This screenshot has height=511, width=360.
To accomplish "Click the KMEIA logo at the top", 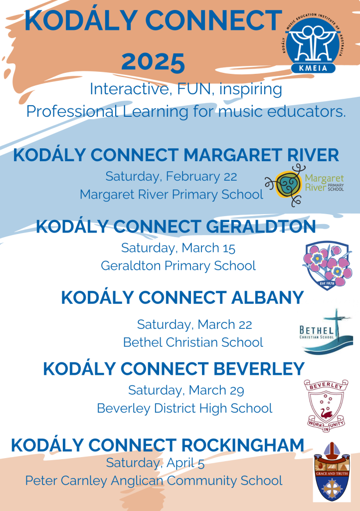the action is point(314,42).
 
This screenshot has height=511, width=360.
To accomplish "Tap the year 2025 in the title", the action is point(153,62).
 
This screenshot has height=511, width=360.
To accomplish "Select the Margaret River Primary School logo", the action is point(305,185).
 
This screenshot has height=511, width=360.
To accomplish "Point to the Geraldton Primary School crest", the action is point(327,265).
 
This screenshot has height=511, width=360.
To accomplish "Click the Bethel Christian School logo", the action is point(326,331).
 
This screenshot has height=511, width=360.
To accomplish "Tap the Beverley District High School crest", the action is point(326,406).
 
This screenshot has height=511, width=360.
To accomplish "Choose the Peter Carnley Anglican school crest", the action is point(332,471).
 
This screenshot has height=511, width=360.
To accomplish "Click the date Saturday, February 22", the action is point(171,177).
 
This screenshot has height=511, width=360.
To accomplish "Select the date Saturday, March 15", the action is point(178,248).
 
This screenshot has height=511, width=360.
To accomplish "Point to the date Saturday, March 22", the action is point(194,324).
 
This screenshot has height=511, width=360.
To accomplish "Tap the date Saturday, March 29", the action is point(186,390).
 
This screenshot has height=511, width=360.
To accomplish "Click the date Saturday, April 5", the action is point(155,463).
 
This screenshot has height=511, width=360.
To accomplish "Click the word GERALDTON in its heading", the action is point(261,227).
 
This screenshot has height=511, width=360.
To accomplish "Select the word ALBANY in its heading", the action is point(267,297).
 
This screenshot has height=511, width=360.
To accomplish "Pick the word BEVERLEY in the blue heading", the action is point(259,369).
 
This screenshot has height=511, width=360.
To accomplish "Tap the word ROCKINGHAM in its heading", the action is point(242,445).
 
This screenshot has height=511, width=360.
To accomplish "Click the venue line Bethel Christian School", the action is point(193,342).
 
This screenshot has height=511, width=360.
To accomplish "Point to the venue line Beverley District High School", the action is point(184,408).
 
